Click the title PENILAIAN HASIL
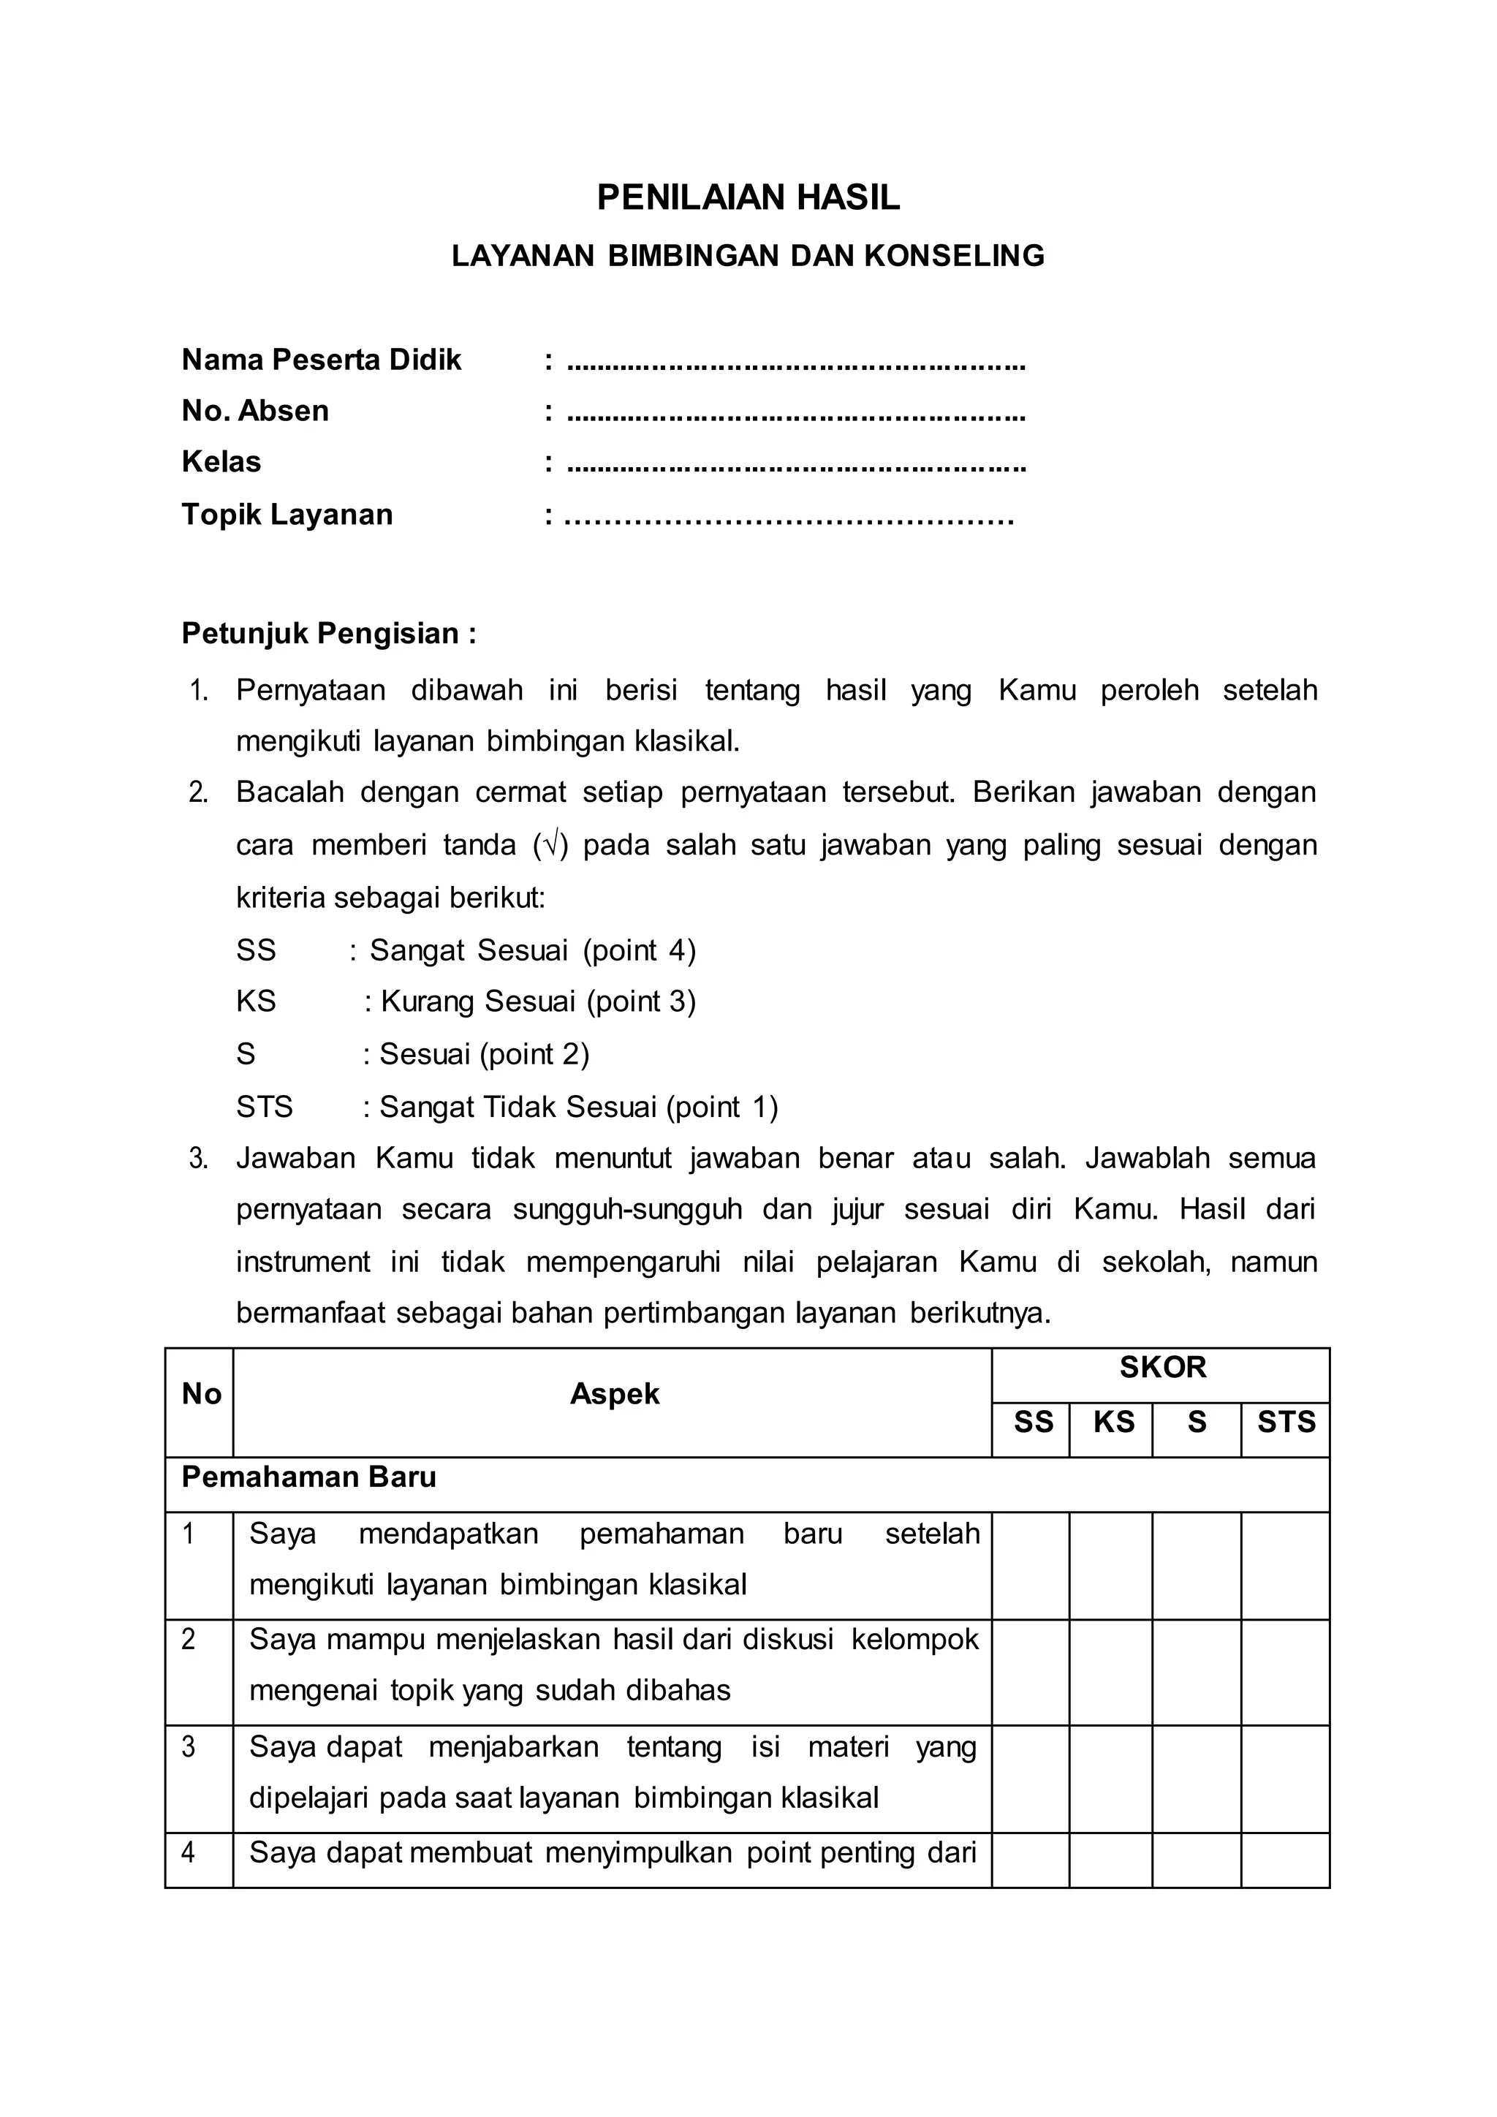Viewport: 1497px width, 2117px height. pyautogui.click(x=748, y=198)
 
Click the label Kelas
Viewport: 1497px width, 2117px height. pyautogui.click(x=221, y=462)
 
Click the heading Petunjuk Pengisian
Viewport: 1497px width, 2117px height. pyautogui.click(x=328, y=634)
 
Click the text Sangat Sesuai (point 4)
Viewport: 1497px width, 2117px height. pyautogui.click(x=533, y=950)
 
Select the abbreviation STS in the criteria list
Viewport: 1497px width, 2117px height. pyautogui.click(x=264, y=1107)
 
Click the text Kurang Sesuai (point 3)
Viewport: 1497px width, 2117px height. pyautogui.click(x=538, y=1001)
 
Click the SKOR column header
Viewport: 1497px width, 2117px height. pyautogui.click(x=1161, y=1368)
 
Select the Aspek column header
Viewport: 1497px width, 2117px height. pyautogui.click(x=614, y=1394)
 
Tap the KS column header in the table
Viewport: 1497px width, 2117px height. pyautogui.click(x=1113, y=1423)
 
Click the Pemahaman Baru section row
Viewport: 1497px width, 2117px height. pyautogui.click(x=308, y=1477)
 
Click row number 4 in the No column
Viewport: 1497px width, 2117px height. pyautogui.click(x=189, y=1852)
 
